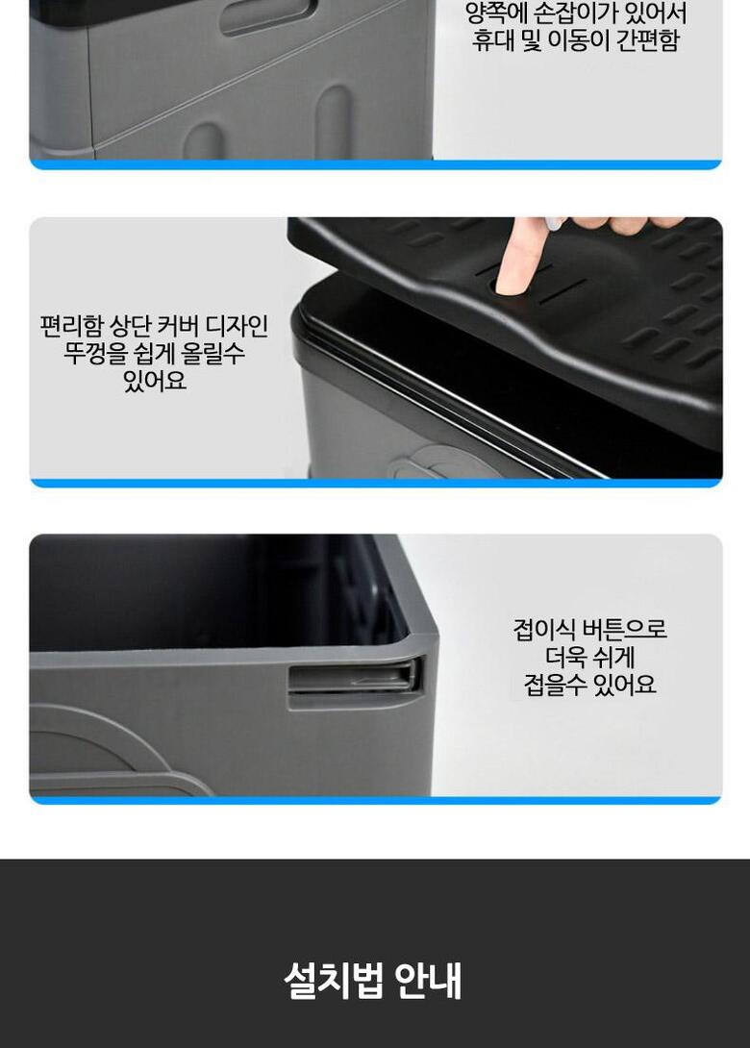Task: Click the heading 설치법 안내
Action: tap(372, 980)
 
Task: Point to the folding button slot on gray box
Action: tap(355, 678)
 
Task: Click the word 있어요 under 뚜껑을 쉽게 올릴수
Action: tap(155, 381)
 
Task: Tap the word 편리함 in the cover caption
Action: tap(71, 326)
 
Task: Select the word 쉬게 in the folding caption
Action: tap(615, 657)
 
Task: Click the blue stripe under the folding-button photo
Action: tap(376, 800)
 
